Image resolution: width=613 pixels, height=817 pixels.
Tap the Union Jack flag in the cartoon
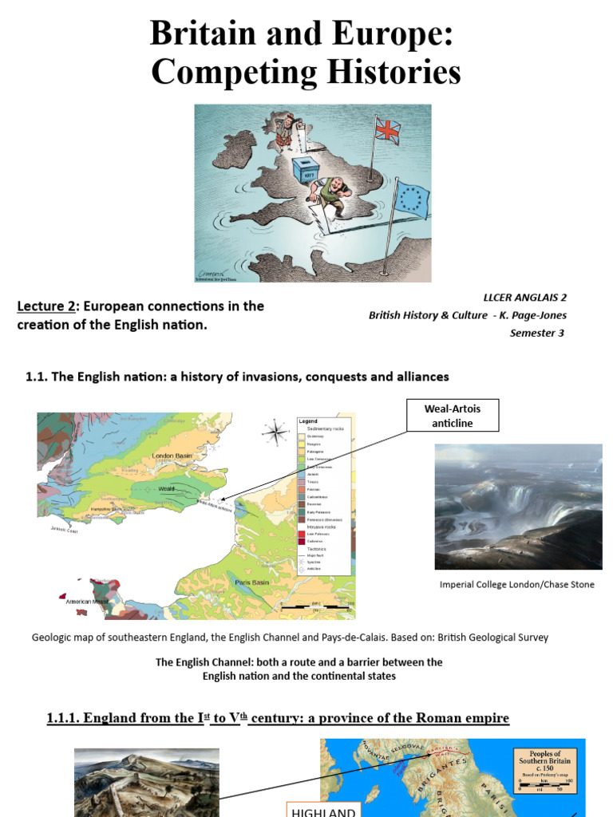387,130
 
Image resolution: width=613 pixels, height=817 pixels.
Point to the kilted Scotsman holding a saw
286,129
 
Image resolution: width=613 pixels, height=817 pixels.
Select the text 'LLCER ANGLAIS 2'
524,297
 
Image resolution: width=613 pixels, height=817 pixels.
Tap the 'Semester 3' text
536,333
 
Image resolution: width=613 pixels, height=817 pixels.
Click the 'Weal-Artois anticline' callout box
452,416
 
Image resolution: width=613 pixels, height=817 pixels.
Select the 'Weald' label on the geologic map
164,488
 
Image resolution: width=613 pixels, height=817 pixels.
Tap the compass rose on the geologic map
275,432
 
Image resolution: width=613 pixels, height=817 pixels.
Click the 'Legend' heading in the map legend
307,421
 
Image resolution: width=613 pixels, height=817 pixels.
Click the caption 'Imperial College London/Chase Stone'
516,585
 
